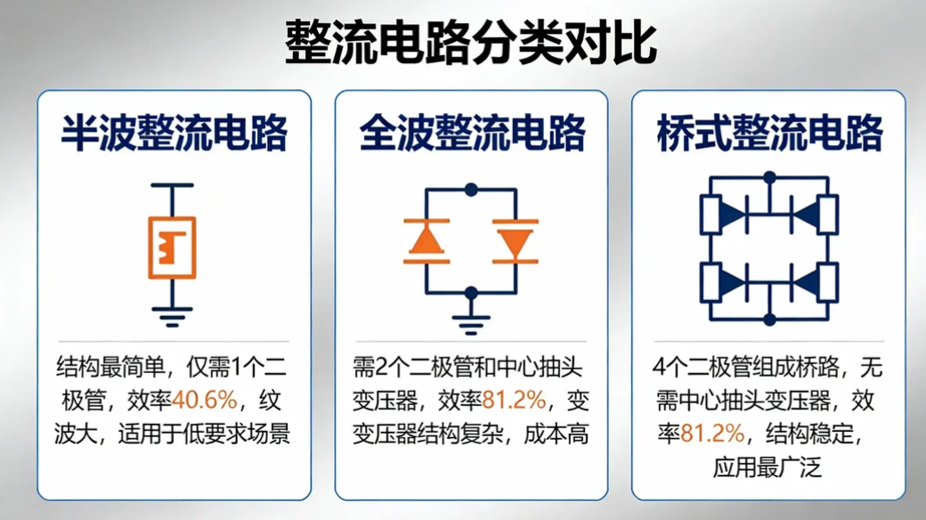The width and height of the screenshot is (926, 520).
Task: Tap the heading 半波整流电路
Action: (x=174, y=134)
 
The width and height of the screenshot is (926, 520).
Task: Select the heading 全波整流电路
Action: (x=472, y=134)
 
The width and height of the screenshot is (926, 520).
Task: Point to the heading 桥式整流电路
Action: (x=768, y=134)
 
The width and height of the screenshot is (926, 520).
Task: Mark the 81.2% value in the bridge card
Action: (x=712, y=434)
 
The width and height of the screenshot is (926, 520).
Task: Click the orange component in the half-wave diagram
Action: (x=172, y=245)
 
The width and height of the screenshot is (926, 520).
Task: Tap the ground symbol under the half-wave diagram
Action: (x=172, y=312)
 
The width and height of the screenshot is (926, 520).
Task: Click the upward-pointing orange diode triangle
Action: (x=426, y=240)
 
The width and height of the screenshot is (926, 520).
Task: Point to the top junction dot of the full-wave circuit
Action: (x=471, y=189)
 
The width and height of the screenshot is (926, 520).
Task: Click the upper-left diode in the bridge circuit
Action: (x=734, y=214)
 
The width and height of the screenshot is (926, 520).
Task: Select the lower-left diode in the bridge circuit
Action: (x=734, y=283)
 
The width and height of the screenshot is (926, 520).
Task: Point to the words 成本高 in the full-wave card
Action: (x=560, y=434)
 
